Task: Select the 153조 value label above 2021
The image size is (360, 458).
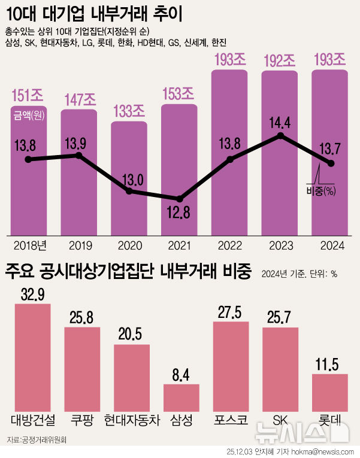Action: (x=179, y=93)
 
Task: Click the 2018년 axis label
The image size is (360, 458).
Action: (x=29, y=244)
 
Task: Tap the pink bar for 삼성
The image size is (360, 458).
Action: (x=181, y=398)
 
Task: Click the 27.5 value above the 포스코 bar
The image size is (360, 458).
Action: (x=231, y=314)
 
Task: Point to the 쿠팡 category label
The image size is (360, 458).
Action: (x=82, y=420)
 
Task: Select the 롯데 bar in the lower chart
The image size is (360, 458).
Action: (x=330, y=392)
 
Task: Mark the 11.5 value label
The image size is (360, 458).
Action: (x=330, y=365)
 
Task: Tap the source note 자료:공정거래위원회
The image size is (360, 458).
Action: (x=37, y=440)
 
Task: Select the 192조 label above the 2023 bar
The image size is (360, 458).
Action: (x=280, y=60)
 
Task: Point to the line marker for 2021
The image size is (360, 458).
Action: (x=179, y=199)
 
